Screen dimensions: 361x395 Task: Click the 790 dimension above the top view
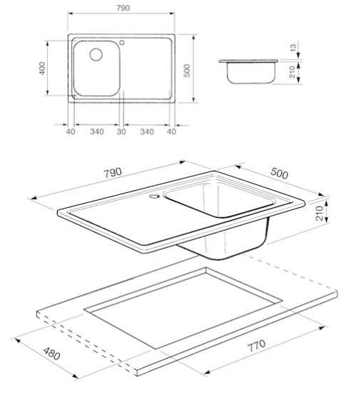coord(123,8)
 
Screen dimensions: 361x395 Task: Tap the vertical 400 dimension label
coord(42,69)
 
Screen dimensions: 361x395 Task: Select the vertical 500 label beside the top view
coord(187,71)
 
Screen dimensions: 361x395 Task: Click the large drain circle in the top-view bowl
coord(96,54)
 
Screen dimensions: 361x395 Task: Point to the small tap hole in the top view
coord(122,42)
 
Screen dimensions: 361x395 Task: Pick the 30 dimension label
coord(121,131)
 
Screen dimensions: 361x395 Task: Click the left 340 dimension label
coord(97,131)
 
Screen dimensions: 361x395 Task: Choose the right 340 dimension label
coord(147,131)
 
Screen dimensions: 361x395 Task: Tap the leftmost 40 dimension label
coord(71,131)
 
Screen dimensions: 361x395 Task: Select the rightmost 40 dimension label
coord(171,131)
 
